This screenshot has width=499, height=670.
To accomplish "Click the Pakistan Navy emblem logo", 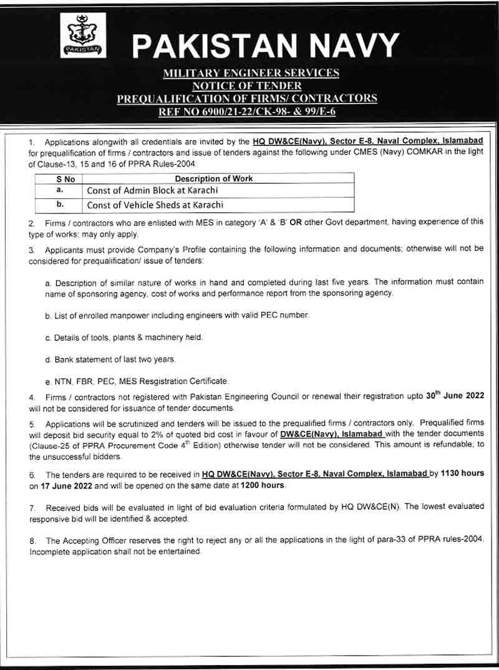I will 83,36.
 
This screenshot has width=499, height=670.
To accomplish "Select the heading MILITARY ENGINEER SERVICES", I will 251,73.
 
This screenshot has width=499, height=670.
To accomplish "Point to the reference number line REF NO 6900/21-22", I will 251,112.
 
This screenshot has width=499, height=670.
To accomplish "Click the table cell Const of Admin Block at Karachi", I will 152,190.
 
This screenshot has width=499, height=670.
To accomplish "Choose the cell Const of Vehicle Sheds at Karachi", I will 155,205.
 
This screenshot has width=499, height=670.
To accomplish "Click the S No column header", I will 57,178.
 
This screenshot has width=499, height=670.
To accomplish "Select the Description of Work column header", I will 213,178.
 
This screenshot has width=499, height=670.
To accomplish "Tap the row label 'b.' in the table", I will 57,204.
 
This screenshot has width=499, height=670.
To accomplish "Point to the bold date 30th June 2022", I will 455,396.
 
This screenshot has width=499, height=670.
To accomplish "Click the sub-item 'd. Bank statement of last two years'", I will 110,360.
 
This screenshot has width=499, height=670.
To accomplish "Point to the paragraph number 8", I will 32,541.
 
